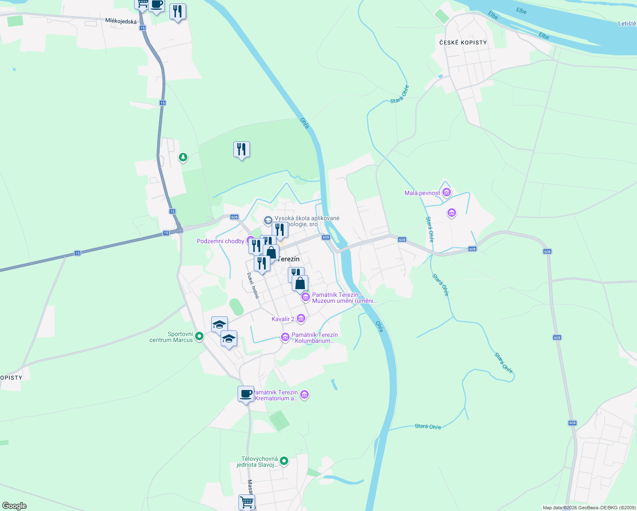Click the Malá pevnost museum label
click(422, 193)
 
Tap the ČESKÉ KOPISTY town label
click(463, 43)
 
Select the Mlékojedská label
click(121, 21)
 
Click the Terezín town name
click(289, 259)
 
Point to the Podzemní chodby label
click(221, 241)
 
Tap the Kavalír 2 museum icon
click(301, 319)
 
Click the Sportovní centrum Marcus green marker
click(199, 336)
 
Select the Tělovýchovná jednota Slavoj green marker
click(284, 461)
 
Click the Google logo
click(14, 506)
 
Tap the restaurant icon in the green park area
click(241, 149)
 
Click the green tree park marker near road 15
click(183, 158)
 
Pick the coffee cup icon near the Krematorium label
click(246, 394)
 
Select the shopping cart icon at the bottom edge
click(247, 502)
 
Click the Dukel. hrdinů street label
click(253, 285)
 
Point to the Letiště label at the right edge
click(627, 23)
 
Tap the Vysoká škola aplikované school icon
click(268, 220)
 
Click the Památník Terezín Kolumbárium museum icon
click(285, 337)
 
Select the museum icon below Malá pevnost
click(452, 212)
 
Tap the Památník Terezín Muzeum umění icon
click(305, 297)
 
